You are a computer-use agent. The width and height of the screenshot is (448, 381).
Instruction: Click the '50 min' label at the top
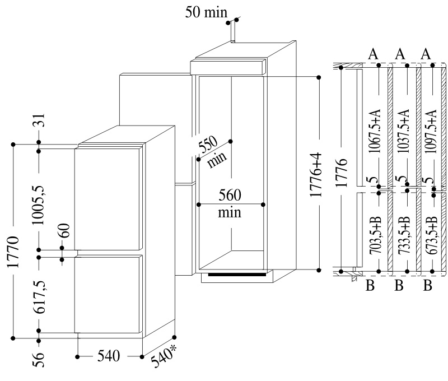tap(206, 12)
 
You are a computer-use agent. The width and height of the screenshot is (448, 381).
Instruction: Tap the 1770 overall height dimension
tap(13, 252)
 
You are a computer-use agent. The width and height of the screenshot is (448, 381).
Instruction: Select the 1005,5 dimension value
tap(39, 205)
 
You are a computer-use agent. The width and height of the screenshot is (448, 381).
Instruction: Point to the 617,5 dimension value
tap(39, 298)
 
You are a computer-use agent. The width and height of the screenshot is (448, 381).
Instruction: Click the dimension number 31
tap(40, 120)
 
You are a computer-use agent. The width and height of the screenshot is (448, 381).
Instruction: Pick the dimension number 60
tap(64, 230)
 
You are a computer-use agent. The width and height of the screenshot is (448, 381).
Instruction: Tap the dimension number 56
tap(39, 359)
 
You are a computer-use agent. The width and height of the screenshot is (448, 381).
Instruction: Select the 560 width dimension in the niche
tap(230, 195)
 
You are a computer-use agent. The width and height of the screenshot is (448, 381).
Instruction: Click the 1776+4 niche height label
tap(316, 175)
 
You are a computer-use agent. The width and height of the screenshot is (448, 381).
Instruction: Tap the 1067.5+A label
tap(374, 131)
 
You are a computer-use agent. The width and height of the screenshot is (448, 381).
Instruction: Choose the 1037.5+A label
tap(403, 131)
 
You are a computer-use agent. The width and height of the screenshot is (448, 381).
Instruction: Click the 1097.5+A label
tap(431, 132)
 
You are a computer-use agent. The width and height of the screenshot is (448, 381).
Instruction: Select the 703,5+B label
tap(375, 235)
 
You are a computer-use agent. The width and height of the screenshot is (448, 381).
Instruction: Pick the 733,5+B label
tap(404, 235)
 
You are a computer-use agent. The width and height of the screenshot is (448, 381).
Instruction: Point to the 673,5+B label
tap(431, 235)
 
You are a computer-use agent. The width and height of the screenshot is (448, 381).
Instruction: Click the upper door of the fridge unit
tap(109, 198)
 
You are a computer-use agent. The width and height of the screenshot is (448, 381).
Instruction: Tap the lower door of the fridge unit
tap(109, 294)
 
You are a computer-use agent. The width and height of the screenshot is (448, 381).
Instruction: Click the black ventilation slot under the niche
tap(237, 275)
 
